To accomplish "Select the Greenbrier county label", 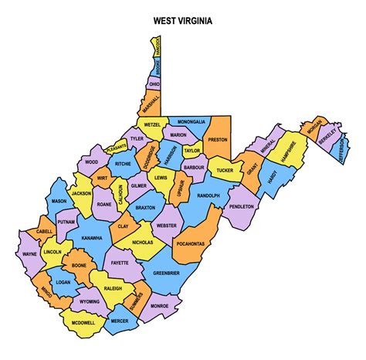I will pos(167,273).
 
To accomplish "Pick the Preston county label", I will pos(216,140).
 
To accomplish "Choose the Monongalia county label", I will pos(191,122).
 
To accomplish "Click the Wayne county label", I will pos(29,253).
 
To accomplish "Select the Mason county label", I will pos(59,201).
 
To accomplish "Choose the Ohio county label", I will pos(154,83).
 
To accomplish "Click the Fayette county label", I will pos(120,263).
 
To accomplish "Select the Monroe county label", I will pos(159,306).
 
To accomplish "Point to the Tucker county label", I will pos(225,170).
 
